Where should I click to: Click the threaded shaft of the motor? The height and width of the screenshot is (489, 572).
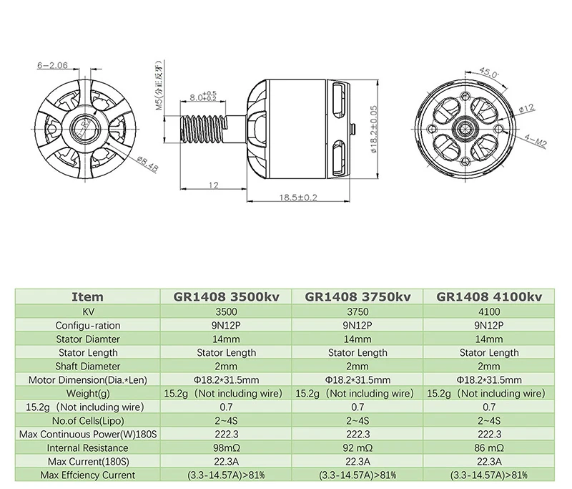204,129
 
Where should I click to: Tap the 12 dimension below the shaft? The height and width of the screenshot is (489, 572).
213,185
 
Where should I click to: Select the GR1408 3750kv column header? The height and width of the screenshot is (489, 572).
357,296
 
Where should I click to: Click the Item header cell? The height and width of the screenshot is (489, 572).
88,296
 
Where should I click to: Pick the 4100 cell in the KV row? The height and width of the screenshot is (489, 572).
489,311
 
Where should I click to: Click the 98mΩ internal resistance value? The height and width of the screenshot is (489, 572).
226,447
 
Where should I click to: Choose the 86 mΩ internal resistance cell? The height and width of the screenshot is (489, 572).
489,447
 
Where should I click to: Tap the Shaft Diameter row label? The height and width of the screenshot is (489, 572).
88,366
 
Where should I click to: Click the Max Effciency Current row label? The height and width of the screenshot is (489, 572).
88,475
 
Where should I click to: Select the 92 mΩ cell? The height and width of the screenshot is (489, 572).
357,447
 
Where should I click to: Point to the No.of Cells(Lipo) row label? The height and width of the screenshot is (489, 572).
88,420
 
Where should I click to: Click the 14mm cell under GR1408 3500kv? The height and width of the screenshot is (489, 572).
226,339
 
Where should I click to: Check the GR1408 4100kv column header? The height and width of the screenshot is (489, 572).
489,296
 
